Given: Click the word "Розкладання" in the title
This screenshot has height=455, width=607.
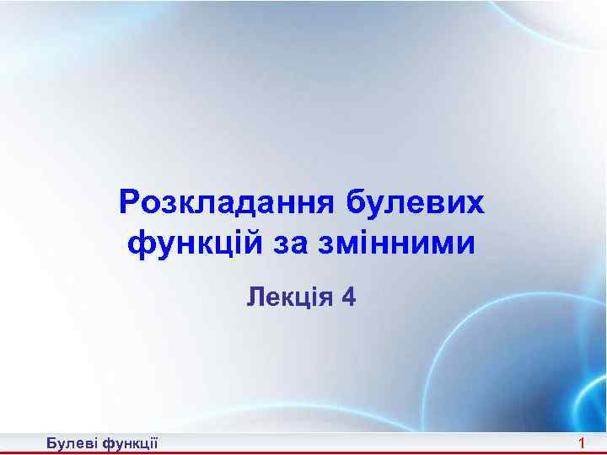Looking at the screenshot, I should pyautogui.click(x=227, y=203).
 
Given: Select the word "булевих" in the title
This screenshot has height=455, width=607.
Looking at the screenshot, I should pyautogui.click(x=416, y=203).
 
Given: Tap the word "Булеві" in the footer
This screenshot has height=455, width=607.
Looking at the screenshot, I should pyautogui.click(x=72, y=443).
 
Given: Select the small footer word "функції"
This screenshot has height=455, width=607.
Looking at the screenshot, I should pyautogui.click(x=129, y=443).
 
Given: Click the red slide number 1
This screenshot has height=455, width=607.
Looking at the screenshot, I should pyautogui.click(x=581, y=443).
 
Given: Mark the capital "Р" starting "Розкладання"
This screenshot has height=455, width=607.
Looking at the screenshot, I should pyautogui.click(x=130, y=203).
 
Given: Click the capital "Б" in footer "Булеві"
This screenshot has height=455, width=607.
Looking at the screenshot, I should pyautogui.click(x=52, y=443).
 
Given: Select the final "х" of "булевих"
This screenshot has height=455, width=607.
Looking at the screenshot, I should pyautogui.click(x=476, y=203).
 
